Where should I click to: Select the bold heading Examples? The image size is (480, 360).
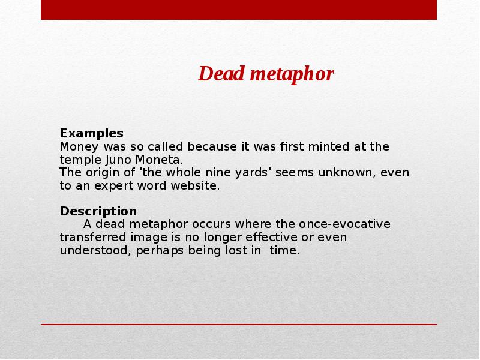(91, 133)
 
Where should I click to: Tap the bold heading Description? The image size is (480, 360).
(98, 211)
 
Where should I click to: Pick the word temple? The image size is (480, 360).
(80, 160)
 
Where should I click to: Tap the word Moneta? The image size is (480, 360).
(158, 160)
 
